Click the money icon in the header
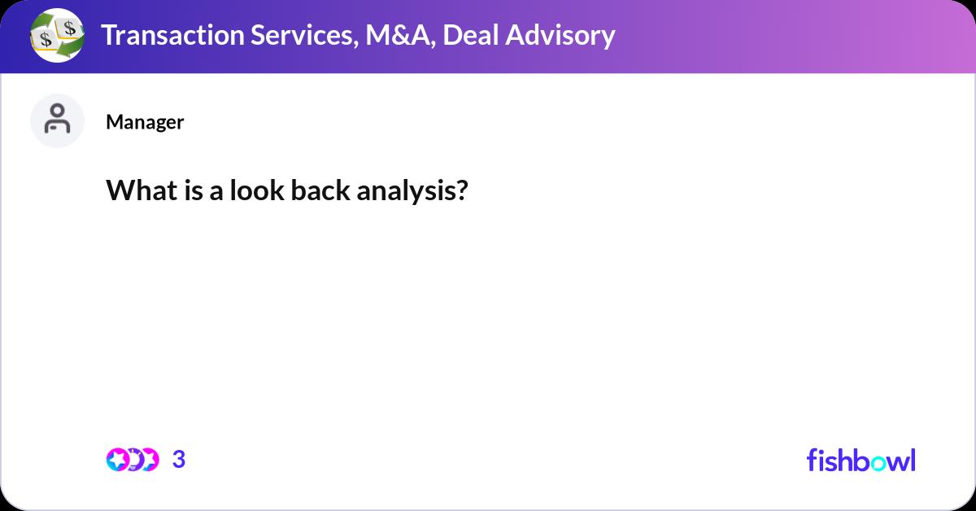(57, 36)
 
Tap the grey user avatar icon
(57, 120)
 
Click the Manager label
(145, 122)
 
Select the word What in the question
(133, 190)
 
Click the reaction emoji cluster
(132, 460)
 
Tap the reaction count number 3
(179, 460)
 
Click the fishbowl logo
(861, 460)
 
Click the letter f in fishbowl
(812, 460)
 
